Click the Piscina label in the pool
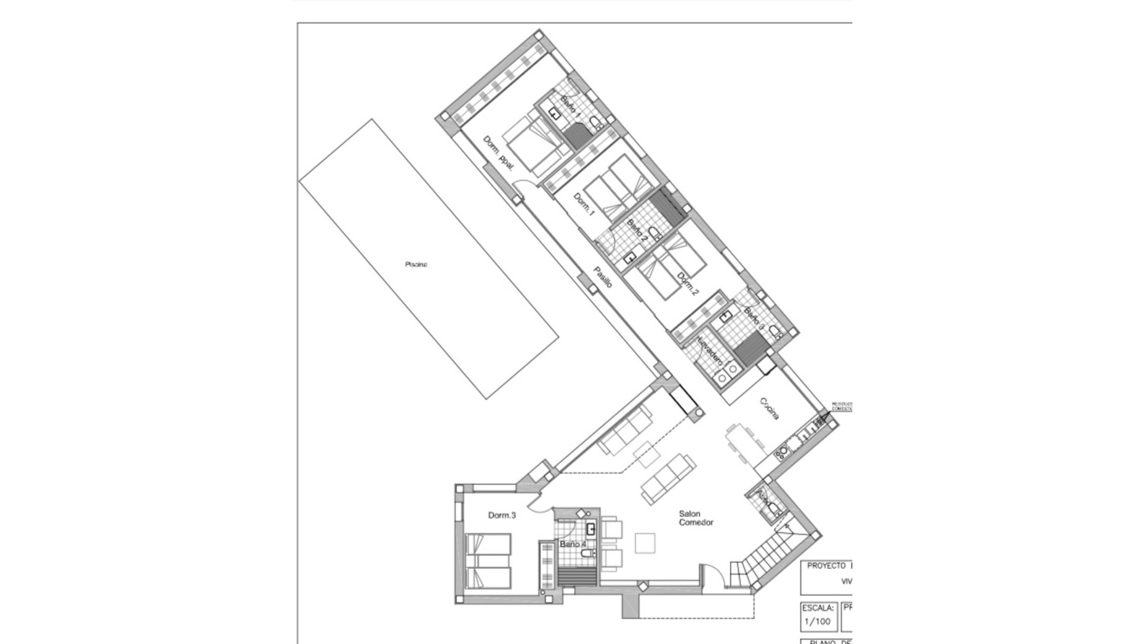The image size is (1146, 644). [x=416, y=265]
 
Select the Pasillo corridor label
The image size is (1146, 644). [x=602, y=277]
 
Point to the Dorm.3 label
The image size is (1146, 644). [x=501, y=515]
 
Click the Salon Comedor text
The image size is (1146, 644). [x=696, y=518]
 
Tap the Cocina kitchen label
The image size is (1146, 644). [x=769, y=408]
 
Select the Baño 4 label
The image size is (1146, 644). [x=573, y=544]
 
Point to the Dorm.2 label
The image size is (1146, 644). [x=688, y=284]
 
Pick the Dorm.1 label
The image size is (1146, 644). [x=584, y=203]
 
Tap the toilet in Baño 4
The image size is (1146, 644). [x=588, y=555]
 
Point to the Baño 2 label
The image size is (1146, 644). [x=637, y=230]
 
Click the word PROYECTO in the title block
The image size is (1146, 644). [x=825, y=566]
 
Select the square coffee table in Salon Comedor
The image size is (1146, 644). [x=645, y=543]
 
